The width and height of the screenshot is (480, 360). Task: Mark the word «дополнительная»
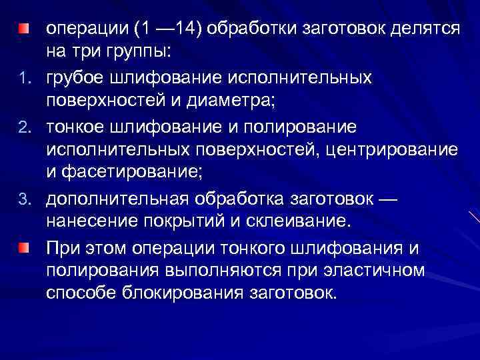(121, 198)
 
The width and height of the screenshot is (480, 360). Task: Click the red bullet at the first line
(24, 29)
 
